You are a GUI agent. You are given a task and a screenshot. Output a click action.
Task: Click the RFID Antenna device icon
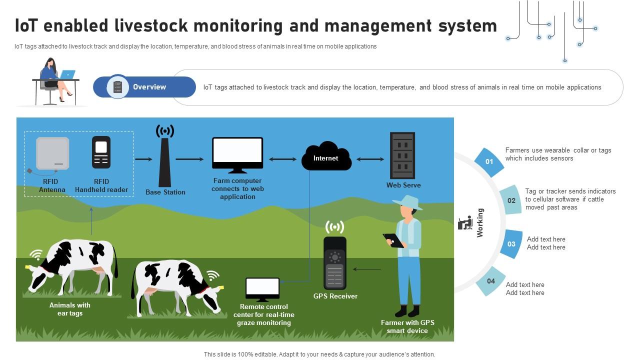coord(52,153)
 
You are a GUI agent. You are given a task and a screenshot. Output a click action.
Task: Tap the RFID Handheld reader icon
coord(101,152)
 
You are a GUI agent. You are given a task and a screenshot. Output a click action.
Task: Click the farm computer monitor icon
coord(237,155)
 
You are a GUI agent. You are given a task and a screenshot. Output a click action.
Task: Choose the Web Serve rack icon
coord(402,155)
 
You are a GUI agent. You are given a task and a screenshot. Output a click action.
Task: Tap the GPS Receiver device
coord(334,263)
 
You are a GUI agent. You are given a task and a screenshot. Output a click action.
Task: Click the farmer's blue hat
coord(407,201)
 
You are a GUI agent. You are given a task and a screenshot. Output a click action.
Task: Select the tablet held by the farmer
coord(393,240)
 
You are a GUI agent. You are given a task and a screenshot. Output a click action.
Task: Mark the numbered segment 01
coord(489,161)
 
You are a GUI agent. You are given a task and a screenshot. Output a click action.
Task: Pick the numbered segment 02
coord(511,200)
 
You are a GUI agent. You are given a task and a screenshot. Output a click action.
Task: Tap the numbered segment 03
coord(511,244)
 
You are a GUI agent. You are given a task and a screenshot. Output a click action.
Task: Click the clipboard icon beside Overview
coord(118,87)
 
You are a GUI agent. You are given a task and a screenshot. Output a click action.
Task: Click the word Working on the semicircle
coord(480,222)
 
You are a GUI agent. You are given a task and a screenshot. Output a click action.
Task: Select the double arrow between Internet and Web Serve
coord(370,159)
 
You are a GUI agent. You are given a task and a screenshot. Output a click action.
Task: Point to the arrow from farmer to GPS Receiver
coord(367,269)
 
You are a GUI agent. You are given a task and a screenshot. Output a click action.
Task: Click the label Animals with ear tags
coord(69,309)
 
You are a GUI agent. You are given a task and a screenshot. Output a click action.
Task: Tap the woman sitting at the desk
coord(54,80)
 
